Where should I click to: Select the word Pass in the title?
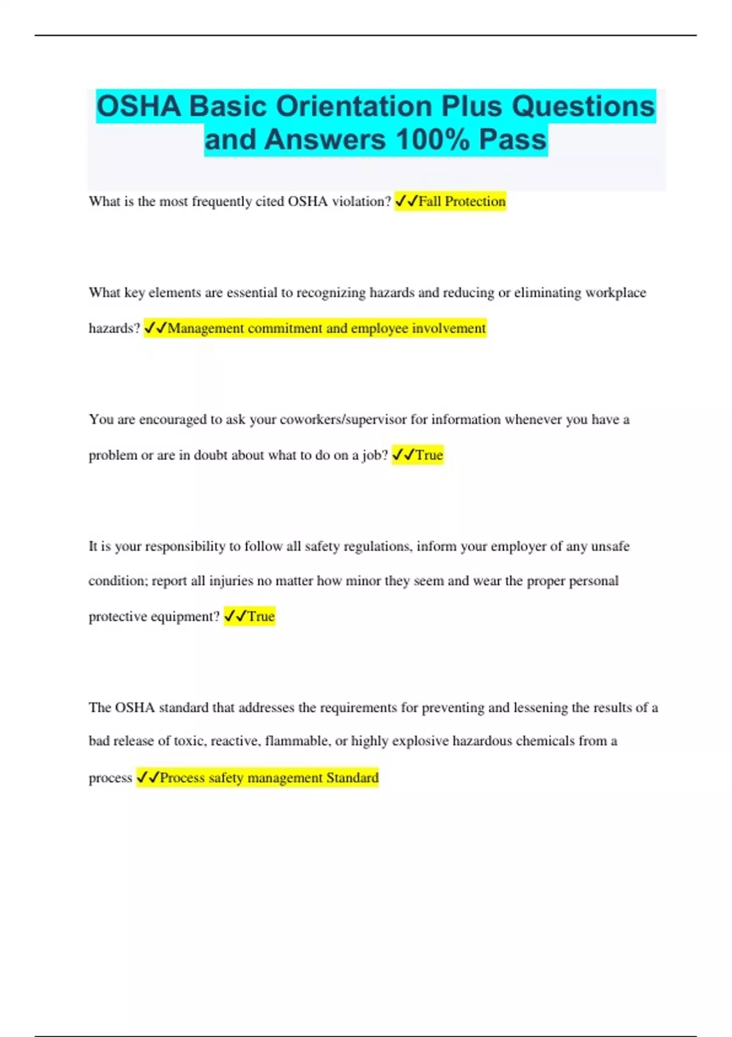click(512, 139)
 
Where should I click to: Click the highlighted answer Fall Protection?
click(451, 201)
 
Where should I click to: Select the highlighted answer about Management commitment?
click(315, 328)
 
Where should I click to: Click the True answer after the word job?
click(418, 455)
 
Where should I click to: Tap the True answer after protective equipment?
click(249, 616)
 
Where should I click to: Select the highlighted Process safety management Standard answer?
click(257, 778)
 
